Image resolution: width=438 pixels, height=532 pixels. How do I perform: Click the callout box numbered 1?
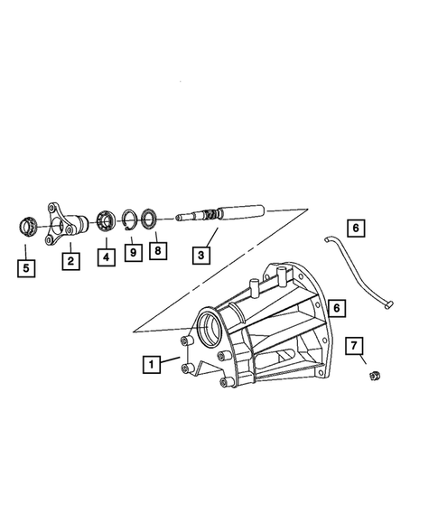click(x=152, y=364)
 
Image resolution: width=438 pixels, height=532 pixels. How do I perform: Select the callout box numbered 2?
click(x=71, y=261)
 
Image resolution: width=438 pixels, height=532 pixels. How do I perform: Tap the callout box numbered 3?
click(x=201, y=255)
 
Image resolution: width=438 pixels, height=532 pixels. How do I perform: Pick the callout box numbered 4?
click(x=107, y=257)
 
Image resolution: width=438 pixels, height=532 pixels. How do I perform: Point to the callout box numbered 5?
click(x=26, y=268)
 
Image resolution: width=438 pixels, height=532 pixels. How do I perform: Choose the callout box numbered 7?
click(x=354, y=346)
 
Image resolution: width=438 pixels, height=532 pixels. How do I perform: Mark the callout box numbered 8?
click(x=158, y=251)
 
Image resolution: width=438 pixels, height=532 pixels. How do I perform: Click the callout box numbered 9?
click(x=134, y=252)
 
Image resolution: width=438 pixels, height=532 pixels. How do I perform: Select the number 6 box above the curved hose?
click(x=356, y=228)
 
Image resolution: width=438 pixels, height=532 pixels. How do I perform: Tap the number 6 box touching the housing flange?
click(x=337, y=308)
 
